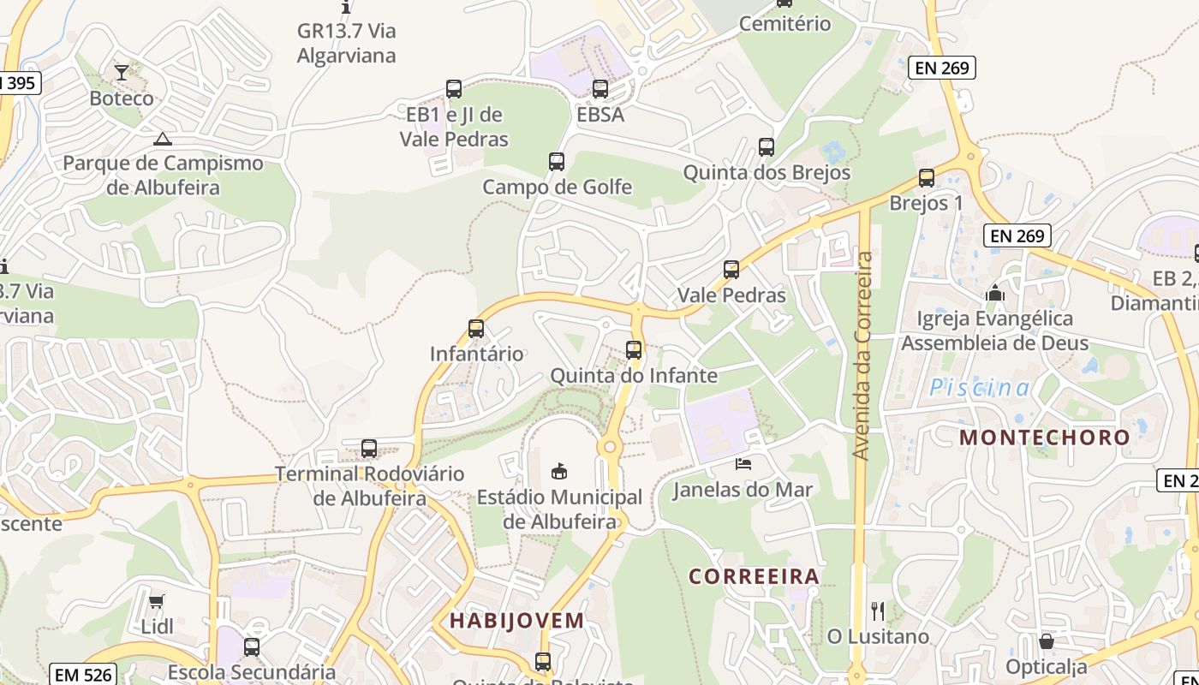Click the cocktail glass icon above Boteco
coord(122,73)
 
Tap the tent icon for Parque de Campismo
coord(163,139)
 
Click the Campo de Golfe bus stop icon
coord(557,162)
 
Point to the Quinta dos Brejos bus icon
coord(767,147)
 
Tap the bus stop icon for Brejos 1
coord(927,178)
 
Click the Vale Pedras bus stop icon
coord(731,270)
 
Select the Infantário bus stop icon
coord(476,329)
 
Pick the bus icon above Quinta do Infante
coord(634,350)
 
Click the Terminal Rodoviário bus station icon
coord(369,449)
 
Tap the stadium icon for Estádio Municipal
coord(559,471)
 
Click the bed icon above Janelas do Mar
coord(743,464)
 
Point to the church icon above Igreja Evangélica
coord(994,294)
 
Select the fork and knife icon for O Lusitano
coord(878,611)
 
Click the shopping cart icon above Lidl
coord(156,601)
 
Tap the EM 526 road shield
coord(83,674)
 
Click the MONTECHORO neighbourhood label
coord(1045,438)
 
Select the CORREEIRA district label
coord(755,576)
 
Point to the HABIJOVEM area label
coord(517,620)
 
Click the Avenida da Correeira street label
coord(863,355)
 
